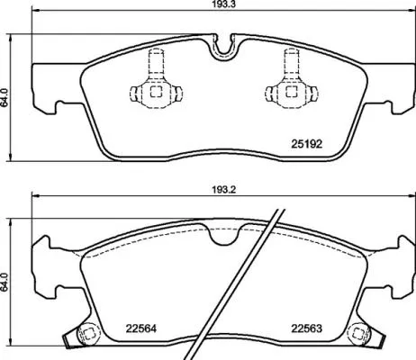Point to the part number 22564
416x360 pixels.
pos(129,328)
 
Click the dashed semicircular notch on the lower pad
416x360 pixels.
pos(222,235)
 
